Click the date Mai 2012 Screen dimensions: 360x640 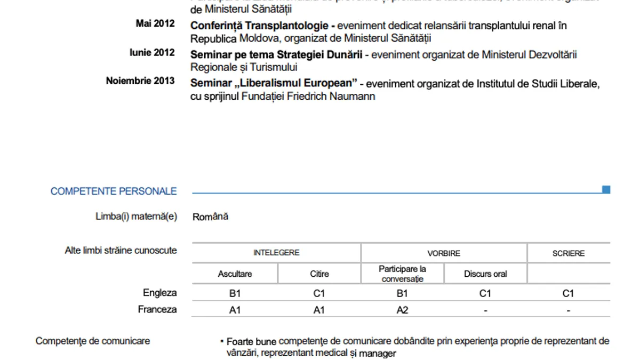[155, 23]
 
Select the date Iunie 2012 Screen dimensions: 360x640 [152, 52]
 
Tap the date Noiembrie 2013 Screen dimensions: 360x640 [140, 81]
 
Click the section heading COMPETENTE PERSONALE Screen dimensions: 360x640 [114, 191]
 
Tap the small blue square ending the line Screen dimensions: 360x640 [606, 189]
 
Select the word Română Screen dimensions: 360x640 [210, 217]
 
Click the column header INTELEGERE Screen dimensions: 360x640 [276, 253]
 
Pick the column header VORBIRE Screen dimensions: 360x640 [444, 253]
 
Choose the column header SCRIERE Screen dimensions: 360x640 [569, 253]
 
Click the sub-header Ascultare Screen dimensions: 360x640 [235, 274]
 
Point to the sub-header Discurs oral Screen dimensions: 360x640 [485, 274]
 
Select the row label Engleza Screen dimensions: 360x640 [159, 293]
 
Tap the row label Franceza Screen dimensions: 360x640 [157, 309]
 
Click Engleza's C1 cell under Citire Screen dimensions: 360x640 [319, 293]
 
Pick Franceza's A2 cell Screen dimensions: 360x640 [402, 310]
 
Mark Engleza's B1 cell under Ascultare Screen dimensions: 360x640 [235, 293]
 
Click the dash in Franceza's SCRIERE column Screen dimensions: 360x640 [569, 310]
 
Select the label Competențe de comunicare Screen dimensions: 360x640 [93, 341]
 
